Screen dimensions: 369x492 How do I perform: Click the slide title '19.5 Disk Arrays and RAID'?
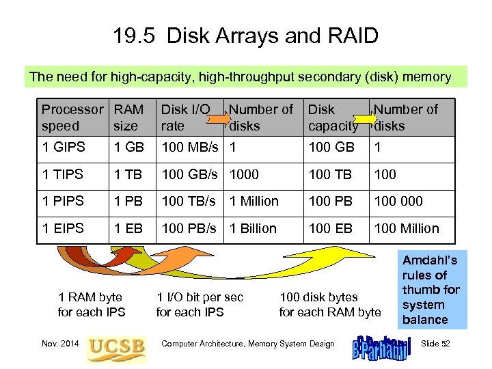(x=246, y=36)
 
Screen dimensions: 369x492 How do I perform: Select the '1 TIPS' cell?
(x=62, y=175)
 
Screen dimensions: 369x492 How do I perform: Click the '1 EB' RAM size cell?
(x=128, y=228)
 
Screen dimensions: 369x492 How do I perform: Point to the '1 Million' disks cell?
(x=254, y=202)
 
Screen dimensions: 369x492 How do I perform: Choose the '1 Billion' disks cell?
(x=254, y=228)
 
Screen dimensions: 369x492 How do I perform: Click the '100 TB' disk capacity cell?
(x=331, y=175)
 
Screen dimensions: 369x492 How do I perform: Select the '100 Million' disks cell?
(x=407, y=228)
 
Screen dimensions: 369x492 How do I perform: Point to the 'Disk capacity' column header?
(x=333, y=118)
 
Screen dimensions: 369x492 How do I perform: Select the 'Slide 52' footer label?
(x=435, y=344)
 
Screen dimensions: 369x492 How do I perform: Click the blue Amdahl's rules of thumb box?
(x=430, y=290)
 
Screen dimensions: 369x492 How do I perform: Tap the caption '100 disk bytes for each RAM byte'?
(x=330, y=305)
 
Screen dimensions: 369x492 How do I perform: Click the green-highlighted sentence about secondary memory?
(x=241, y=77)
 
